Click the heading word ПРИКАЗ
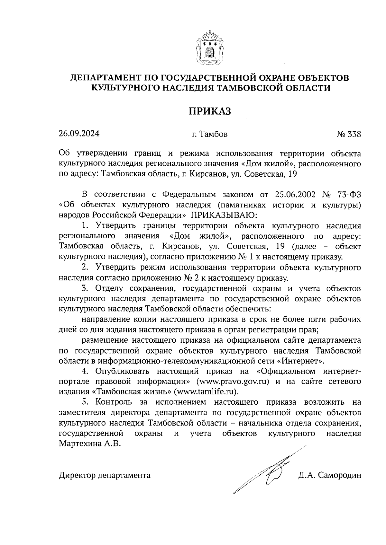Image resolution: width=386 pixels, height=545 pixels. (x=210, y=111)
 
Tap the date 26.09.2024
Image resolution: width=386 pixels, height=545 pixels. (x=79, y=134)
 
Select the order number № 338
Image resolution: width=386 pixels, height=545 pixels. (x=349, y=134)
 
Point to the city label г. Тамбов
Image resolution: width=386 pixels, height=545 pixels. (x=210, y=134)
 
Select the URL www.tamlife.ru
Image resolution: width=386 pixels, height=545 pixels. (x=206, y=392)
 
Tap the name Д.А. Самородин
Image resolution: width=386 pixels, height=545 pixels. (x=329, y=475)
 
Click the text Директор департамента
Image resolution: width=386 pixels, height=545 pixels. (x=105, y=475)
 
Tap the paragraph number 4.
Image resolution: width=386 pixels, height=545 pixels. (x=86, y=371)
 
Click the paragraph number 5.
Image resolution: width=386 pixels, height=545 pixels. (x=86, y=402)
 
